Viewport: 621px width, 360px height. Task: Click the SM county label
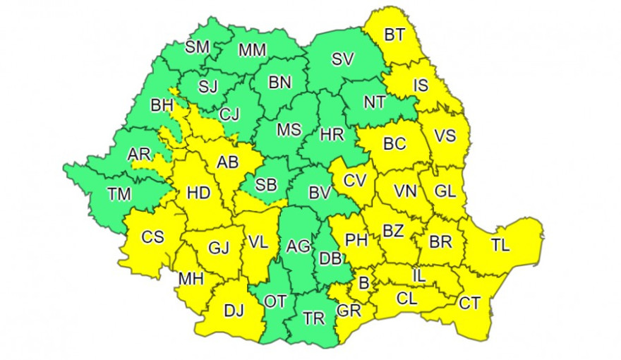pyautogui.click(x=197, y=47)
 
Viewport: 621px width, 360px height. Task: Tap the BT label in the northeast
pyautogui.click(x=394, y=34)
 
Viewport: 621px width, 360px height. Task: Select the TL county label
pyautogui.click(x=500, y=246)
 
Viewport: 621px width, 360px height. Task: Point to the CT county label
pyautogui.click(x=469, y=303)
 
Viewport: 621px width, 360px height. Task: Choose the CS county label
pyautogui.click(x=152, y=237)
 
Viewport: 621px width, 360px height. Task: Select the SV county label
pyautogui.click(x=342, y=60)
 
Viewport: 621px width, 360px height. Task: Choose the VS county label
pyautogui.click(x=445, y=136)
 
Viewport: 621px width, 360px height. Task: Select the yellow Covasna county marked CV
pyautogui.click(x=355, y=181)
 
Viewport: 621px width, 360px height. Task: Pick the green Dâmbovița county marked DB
pyautogui.click(x=330, y=258)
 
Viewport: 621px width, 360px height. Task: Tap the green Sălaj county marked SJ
pyautogui.click(x=207, y=88)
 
